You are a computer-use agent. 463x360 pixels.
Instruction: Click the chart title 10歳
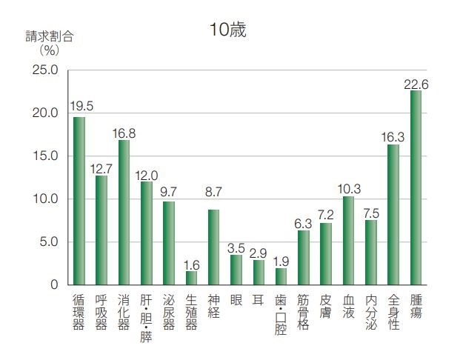[227, 30]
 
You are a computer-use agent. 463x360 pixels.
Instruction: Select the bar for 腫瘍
[416, 187]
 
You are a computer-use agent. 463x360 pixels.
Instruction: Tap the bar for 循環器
[79, 201]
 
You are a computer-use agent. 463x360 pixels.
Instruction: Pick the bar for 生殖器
[191, 278]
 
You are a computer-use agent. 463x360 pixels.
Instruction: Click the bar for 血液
[348, 240]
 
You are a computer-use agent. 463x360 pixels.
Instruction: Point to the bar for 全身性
[393, 215]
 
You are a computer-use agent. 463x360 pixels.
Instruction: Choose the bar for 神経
[213, 247]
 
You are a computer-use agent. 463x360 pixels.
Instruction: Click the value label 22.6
[416, 84]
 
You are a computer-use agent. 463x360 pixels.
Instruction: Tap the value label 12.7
[101, 169]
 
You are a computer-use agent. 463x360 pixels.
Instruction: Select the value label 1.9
[281, 261]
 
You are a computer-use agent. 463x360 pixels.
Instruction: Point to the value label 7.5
[371, 213]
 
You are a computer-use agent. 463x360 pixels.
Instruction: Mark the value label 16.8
[124, 133]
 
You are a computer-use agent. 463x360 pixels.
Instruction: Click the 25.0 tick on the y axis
[45, 70]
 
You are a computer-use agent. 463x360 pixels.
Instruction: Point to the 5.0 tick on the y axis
[48, 242]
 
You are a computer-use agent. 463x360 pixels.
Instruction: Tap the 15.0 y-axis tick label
[45, 156]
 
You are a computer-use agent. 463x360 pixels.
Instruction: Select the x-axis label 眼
[236, 300]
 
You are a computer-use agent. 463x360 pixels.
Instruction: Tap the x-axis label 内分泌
[371, 311]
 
